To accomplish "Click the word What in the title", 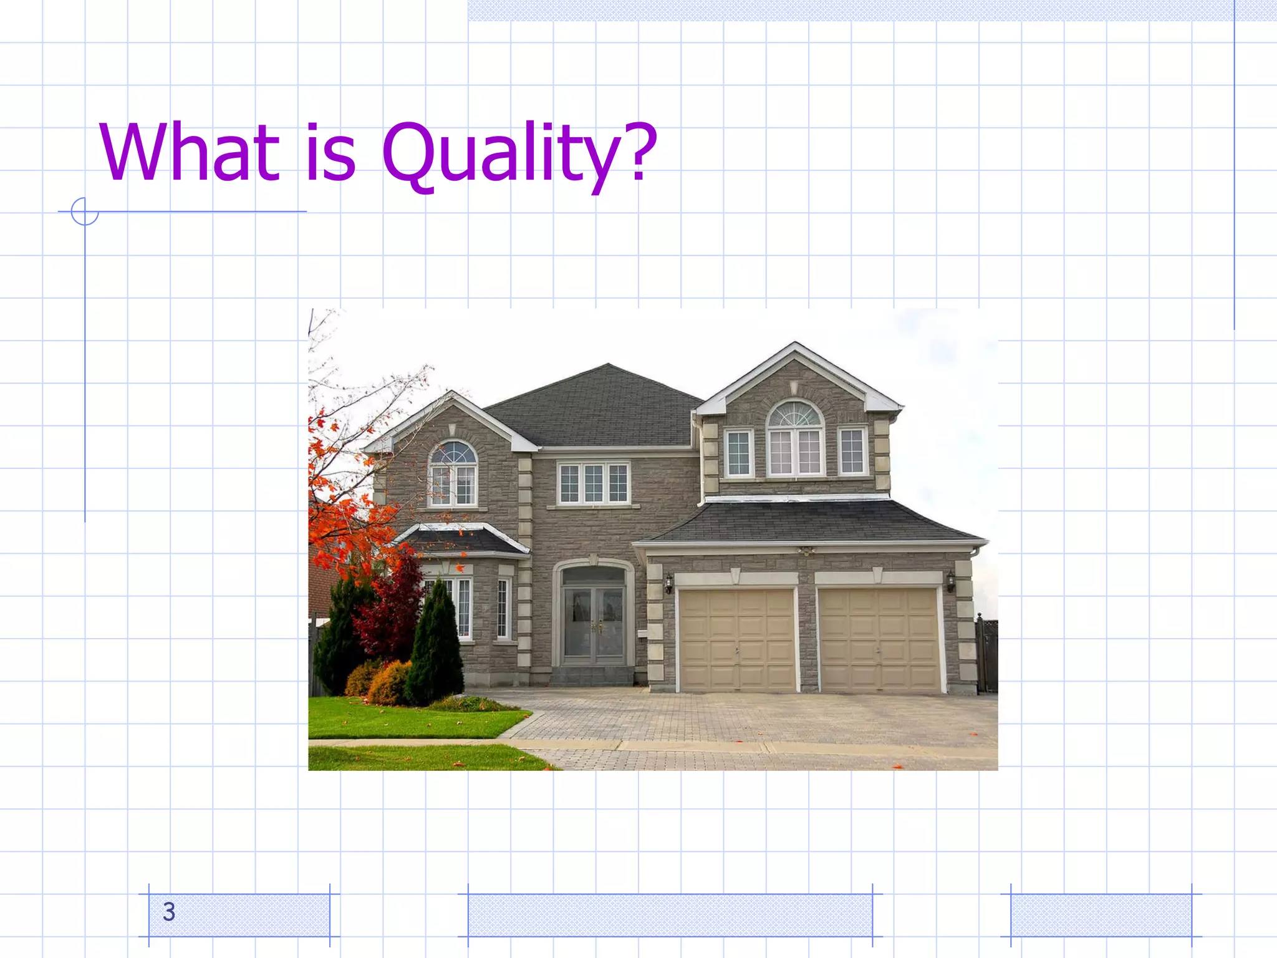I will pyautogui.click(x=189, y=152).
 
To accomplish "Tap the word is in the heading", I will pyautogui.click(x=330, y=152).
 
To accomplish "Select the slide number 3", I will pyautogui.click(x=169, y=912).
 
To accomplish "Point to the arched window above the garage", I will pyautogui.click(x=795, y=438).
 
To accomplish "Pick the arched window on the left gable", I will pyautogui.click(x=453, y=474).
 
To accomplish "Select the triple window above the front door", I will pyautogui.click(x=594, y=483).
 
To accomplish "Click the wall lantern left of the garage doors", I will pyautogui.click(x=668, y=584).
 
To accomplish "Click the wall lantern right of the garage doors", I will pyautogui.click(x=951, y=581).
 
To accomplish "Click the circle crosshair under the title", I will pyautogui.click(x=85, y=211).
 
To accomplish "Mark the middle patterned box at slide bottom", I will pyautogui.click(x=670, y=915).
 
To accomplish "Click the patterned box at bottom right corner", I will pyautogui.click(x=1101, y=915).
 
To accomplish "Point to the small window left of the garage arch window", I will pyautogui.click(x=739, y=453).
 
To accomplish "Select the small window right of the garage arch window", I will pyautogui.click(x=852, y=452).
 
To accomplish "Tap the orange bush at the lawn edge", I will pyautogui.click(x=390, y=685).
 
